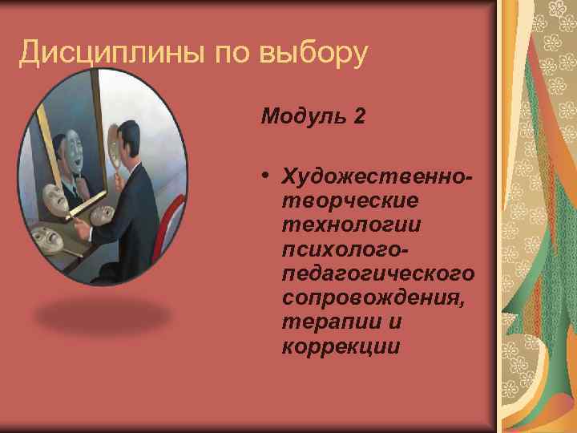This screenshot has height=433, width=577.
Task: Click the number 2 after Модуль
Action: (x=358, y=116)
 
